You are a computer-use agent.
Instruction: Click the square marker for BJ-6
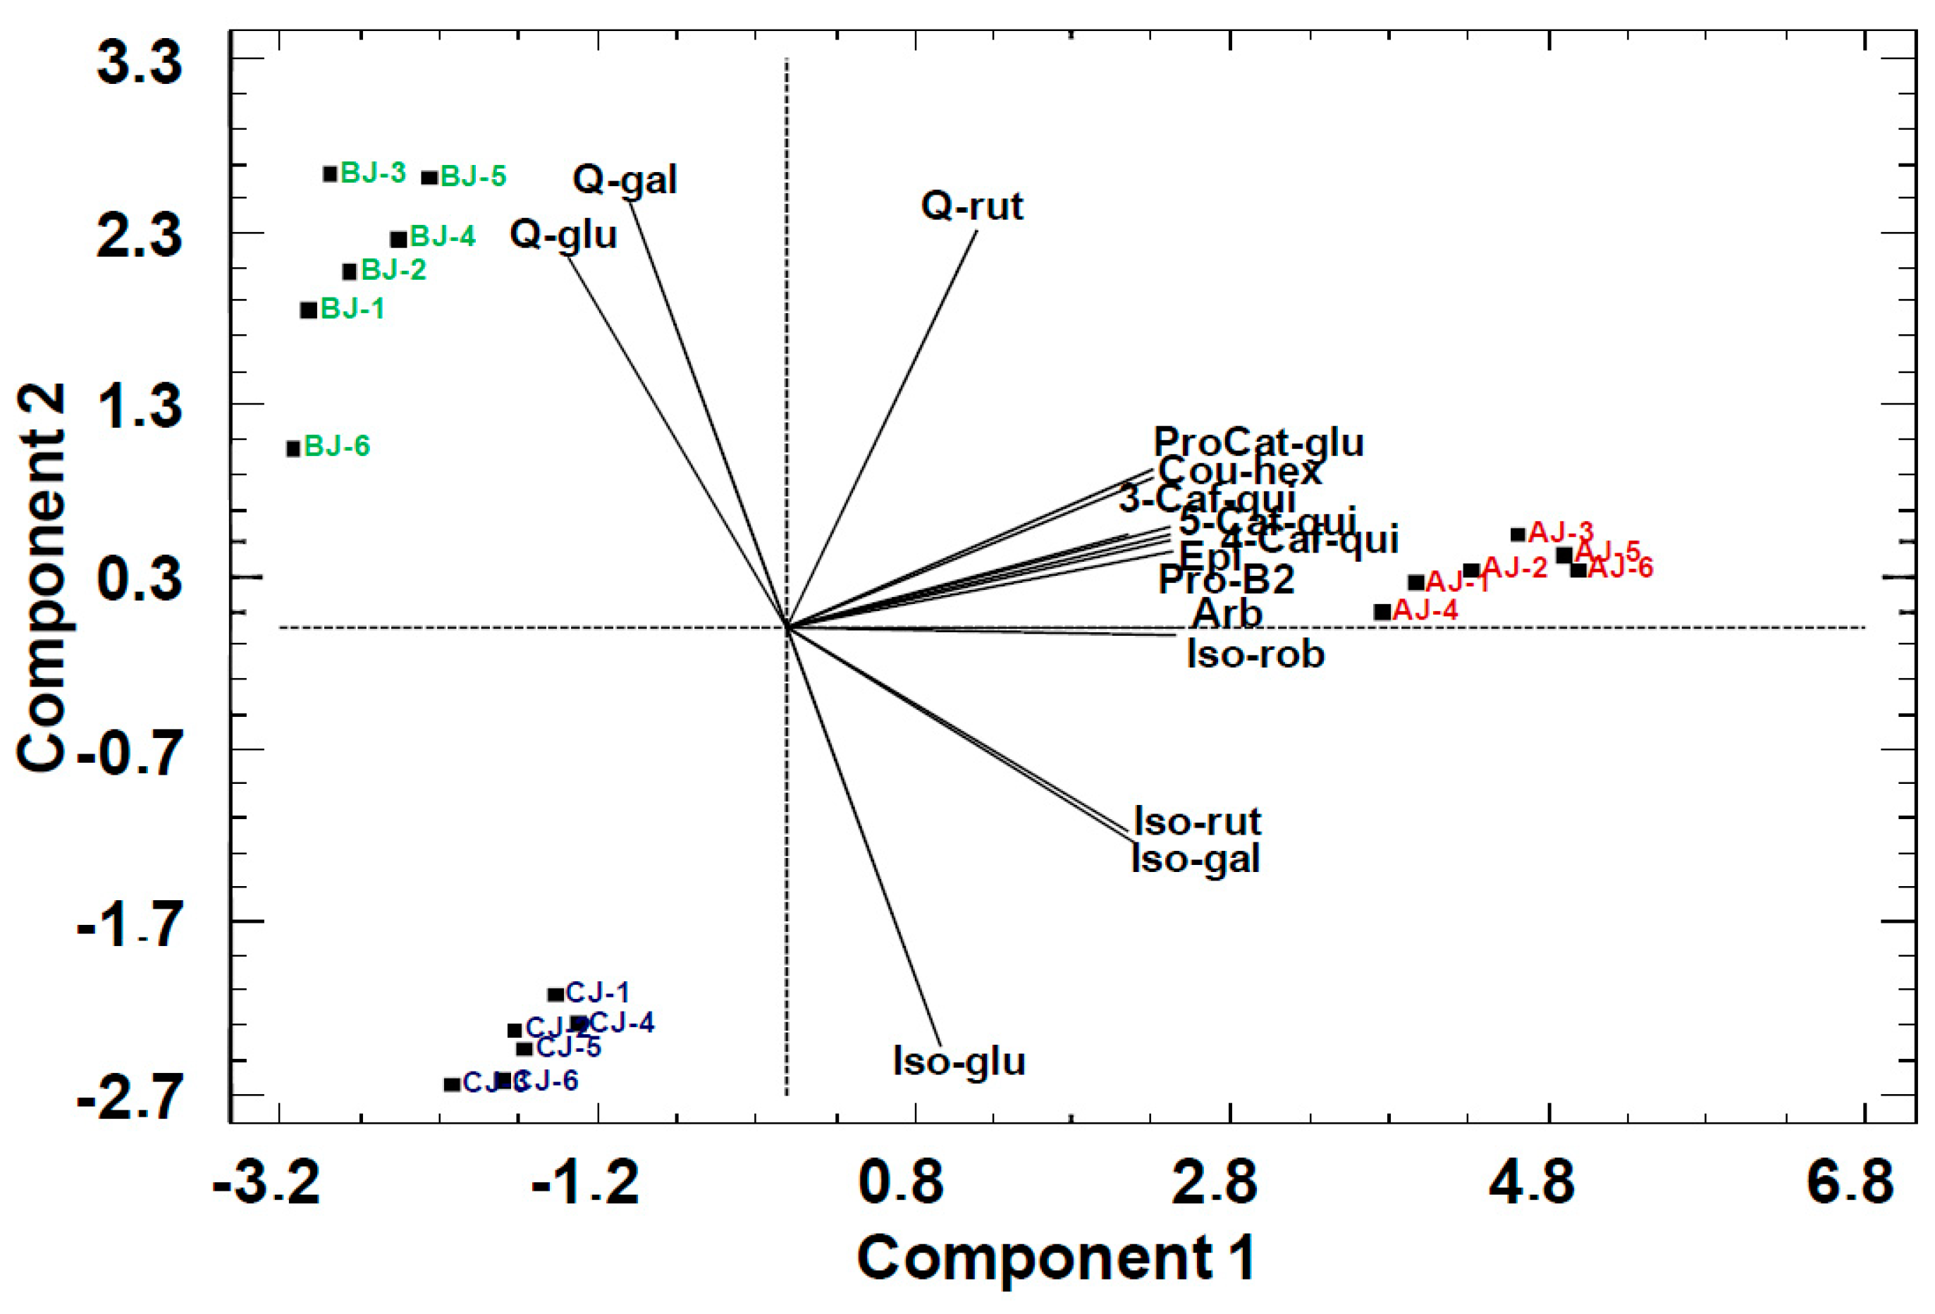[293, 449]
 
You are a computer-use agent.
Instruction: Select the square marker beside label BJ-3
[331, 174]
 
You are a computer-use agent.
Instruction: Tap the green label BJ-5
[473, 176]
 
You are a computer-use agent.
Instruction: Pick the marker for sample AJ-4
[1382, 611]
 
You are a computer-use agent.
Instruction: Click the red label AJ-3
[1561, 532]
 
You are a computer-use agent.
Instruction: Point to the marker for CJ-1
[555, 994]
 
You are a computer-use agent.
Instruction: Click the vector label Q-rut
[971, 206]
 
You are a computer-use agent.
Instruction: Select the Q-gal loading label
[625, 180]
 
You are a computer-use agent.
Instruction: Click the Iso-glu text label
[959, 1062]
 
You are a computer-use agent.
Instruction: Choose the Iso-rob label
[1255, 654]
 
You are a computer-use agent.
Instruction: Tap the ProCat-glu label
[1258, 442]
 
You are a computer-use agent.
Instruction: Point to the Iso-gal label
[1196, 859]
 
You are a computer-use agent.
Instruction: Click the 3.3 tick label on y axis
[139, 63]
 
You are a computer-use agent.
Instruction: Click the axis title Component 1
[1056, 1258]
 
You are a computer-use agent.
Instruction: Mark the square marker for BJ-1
[309, 309]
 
